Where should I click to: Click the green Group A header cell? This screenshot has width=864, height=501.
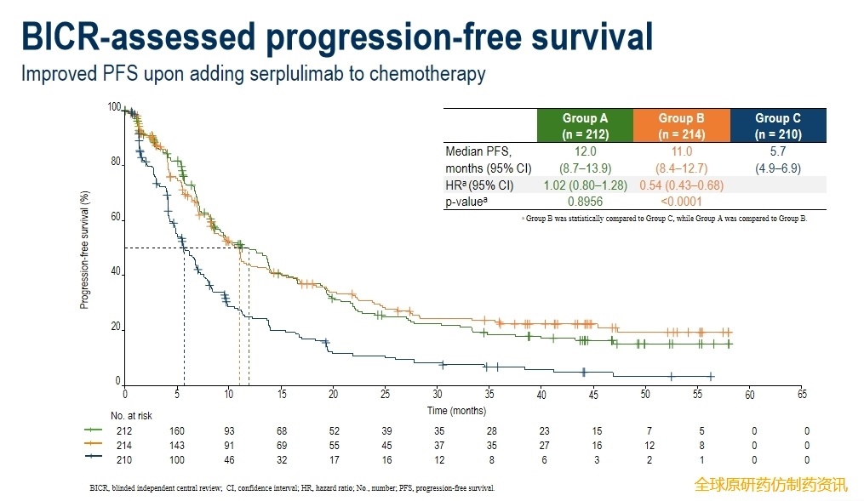(585, 126)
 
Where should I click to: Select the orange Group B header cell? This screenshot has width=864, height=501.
(681, 126)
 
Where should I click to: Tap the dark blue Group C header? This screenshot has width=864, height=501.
(777, 126)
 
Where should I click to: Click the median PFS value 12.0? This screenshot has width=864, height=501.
(585, 151)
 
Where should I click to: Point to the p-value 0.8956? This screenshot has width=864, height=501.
(585, 202)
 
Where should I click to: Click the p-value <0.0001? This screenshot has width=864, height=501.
(681, 202)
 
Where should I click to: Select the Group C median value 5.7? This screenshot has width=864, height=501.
(777, 151)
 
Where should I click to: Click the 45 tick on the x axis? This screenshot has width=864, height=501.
(593, 395)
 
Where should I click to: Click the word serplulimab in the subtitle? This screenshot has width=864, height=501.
(289, 74)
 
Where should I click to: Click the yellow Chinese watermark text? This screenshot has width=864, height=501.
(770, 485)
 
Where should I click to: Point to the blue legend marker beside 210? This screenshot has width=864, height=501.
(94, 459)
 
